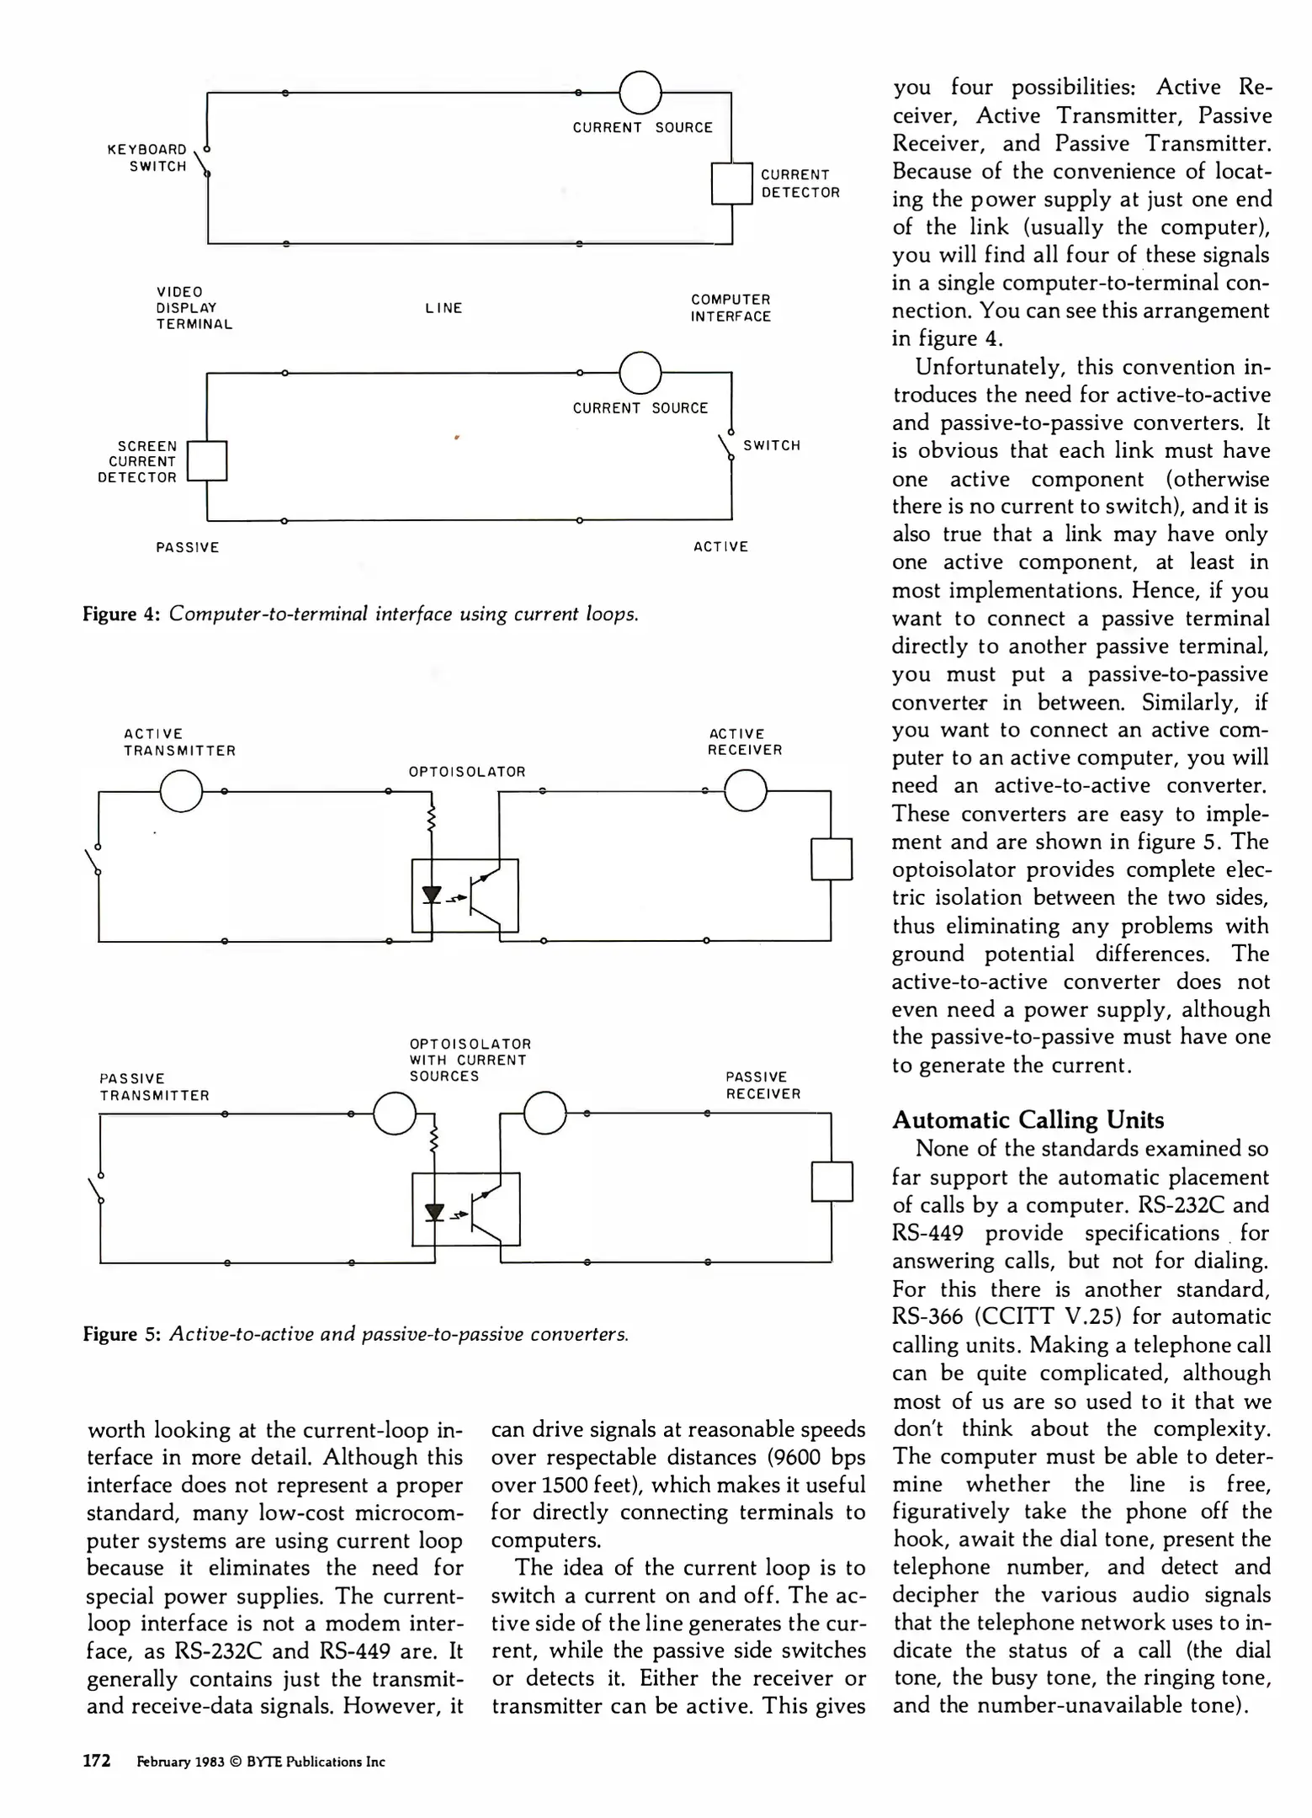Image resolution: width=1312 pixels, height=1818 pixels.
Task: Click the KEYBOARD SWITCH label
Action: tap(146, 157)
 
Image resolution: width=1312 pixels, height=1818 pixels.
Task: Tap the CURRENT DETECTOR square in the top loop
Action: tap(731, 183)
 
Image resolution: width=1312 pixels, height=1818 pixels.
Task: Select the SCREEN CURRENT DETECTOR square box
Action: tap(207, 461)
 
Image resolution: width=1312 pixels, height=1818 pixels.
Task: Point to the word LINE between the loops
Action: tap(444, 308)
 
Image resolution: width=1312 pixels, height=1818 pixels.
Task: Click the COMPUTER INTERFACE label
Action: tap(730, 308)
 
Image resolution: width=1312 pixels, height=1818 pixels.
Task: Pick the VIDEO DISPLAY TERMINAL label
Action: tap(194, 308)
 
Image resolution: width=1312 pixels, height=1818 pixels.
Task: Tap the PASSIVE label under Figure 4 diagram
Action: tap(188, 547)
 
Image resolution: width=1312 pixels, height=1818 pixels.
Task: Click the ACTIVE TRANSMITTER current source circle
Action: tap(181, 791)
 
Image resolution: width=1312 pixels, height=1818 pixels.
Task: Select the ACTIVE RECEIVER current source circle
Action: tap(745, 791)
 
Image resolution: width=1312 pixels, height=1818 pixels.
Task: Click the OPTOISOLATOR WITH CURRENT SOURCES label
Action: tap(470, 1060)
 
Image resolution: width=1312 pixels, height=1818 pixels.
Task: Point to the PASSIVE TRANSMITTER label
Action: tap(154, 1087)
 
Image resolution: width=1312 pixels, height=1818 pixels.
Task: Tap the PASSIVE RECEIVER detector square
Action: tap(831, 1182)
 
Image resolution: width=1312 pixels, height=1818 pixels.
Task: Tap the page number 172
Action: tap(97, 1761)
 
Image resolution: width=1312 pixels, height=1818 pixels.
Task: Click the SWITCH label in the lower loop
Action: tap(772, 445)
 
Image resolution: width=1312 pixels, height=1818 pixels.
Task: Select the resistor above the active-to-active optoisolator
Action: tap(432, 818)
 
